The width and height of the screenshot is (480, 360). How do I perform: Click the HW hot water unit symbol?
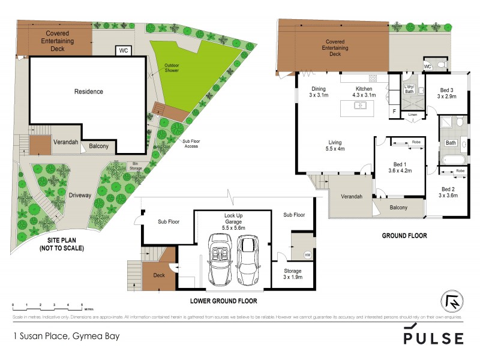[308, 254]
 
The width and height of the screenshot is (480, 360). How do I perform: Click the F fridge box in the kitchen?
[394, 111]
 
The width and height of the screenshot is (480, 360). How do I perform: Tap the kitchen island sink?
[360, 106]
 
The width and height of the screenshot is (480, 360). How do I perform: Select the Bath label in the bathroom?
[451, 143]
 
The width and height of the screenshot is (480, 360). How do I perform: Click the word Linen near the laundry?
[412, 114]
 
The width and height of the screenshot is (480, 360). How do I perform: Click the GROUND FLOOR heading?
[404, 236]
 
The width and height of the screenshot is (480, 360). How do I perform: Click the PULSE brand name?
[433, 337]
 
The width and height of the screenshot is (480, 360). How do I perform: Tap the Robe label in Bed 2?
[460, 171]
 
